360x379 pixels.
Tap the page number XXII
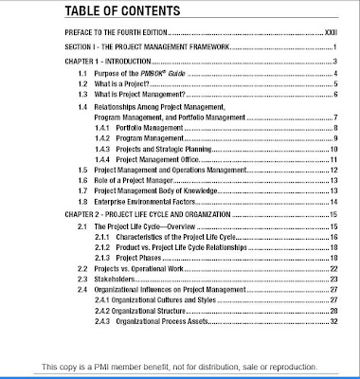330,32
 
